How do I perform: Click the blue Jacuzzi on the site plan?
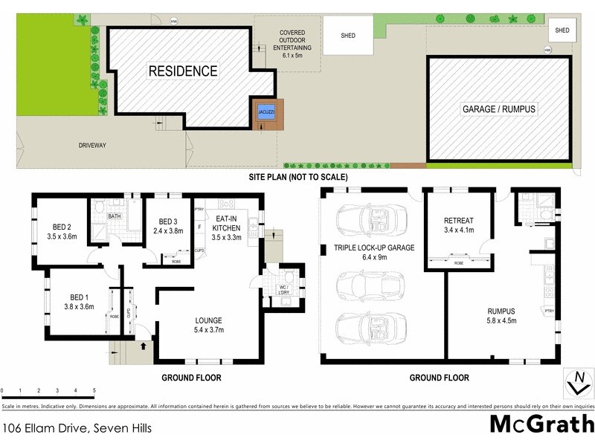click(x=264, y=113)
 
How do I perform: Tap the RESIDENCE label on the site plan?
click(x=182, y=71)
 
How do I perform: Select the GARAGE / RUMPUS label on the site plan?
click(x=499, y=109)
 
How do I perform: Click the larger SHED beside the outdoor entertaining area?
click(x=347, y=35)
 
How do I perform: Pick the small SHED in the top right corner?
click(x=562, y=30)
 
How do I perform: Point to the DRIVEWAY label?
click(x=93, y=145)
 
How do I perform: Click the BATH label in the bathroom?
click(x=114, y=216)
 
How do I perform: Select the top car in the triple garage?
click(x=364, y=219)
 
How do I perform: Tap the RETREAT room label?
click(x=457, y=221)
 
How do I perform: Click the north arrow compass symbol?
click(x=576, y=384)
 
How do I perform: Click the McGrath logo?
click(x=541, y=424)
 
